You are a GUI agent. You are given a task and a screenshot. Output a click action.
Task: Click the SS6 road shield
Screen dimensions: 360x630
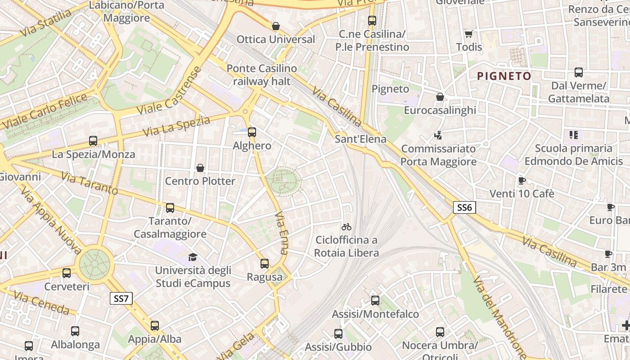(464, 207)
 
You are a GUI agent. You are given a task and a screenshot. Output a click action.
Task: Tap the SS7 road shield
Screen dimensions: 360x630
(121, 298)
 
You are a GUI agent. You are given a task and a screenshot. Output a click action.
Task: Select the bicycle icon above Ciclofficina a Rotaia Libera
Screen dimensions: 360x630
(346, 227)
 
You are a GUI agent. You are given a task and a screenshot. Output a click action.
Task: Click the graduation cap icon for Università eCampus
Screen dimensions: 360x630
(193, 257)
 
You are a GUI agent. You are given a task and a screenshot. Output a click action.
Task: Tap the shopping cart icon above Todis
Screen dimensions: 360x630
(469, 34)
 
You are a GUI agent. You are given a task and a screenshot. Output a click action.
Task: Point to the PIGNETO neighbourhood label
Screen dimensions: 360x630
(504, 76)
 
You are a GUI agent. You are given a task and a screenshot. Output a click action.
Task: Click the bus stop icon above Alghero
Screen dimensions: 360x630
(252, 132)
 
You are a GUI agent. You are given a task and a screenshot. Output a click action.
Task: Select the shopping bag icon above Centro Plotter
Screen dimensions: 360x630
(200, 168)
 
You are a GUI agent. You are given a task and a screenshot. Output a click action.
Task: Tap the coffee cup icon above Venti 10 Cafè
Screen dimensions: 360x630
(522, 180)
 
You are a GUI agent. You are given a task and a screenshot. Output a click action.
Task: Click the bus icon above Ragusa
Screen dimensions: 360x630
(265, 264)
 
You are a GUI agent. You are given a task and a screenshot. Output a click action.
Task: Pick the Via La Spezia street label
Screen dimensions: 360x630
(176, 126)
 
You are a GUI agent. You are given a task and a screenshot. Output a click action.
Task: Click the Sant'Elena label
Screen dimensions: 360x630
(360, 139)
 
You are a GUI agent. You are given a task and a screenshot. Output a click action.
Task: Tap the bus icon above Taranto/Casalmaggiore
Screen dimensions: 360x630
(170, 208)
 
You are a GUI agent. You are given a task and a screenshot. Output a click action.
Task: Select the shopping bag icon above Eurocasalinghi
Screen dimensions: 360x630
(440, 97)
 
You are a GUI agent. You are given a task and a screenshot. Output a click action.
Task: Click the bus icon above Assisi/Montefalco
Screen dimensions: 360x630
(375, 301)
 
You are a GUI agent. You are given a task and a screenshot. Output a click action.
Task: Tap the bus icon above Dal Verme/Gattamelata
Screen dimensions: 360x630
(579, 72)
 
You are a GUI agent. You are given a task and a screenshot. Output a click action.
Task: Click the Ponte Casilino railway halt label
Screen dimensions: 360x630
(261, 75)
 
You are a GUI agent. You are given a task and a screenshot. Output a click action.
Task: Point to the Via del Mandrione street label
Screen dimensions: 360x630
(499, 317)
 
